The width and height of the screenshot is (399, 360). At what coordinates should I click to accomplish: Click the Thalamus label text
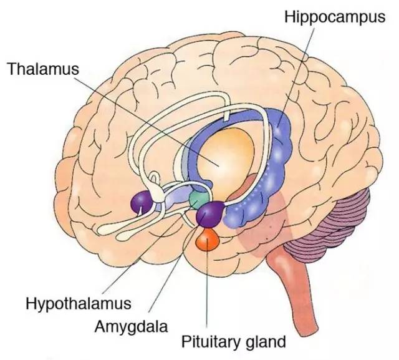(x=43, y=69)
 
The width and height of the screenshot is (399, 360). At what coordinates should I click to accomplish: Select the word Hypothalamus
(x=78, y=304)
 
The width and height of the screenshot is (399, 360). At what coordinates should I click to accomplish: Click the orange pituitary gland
(x=206, y=239)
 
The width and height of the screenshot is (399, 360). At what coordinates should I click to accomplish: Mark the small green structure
(x=198, y=199)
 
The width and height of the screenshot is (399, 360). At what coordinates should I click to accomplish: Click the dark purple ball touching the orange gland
(x=209, y=214)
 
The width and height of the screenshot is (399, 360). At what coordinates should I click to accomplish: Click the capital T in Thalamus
(x=11, y=69)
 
